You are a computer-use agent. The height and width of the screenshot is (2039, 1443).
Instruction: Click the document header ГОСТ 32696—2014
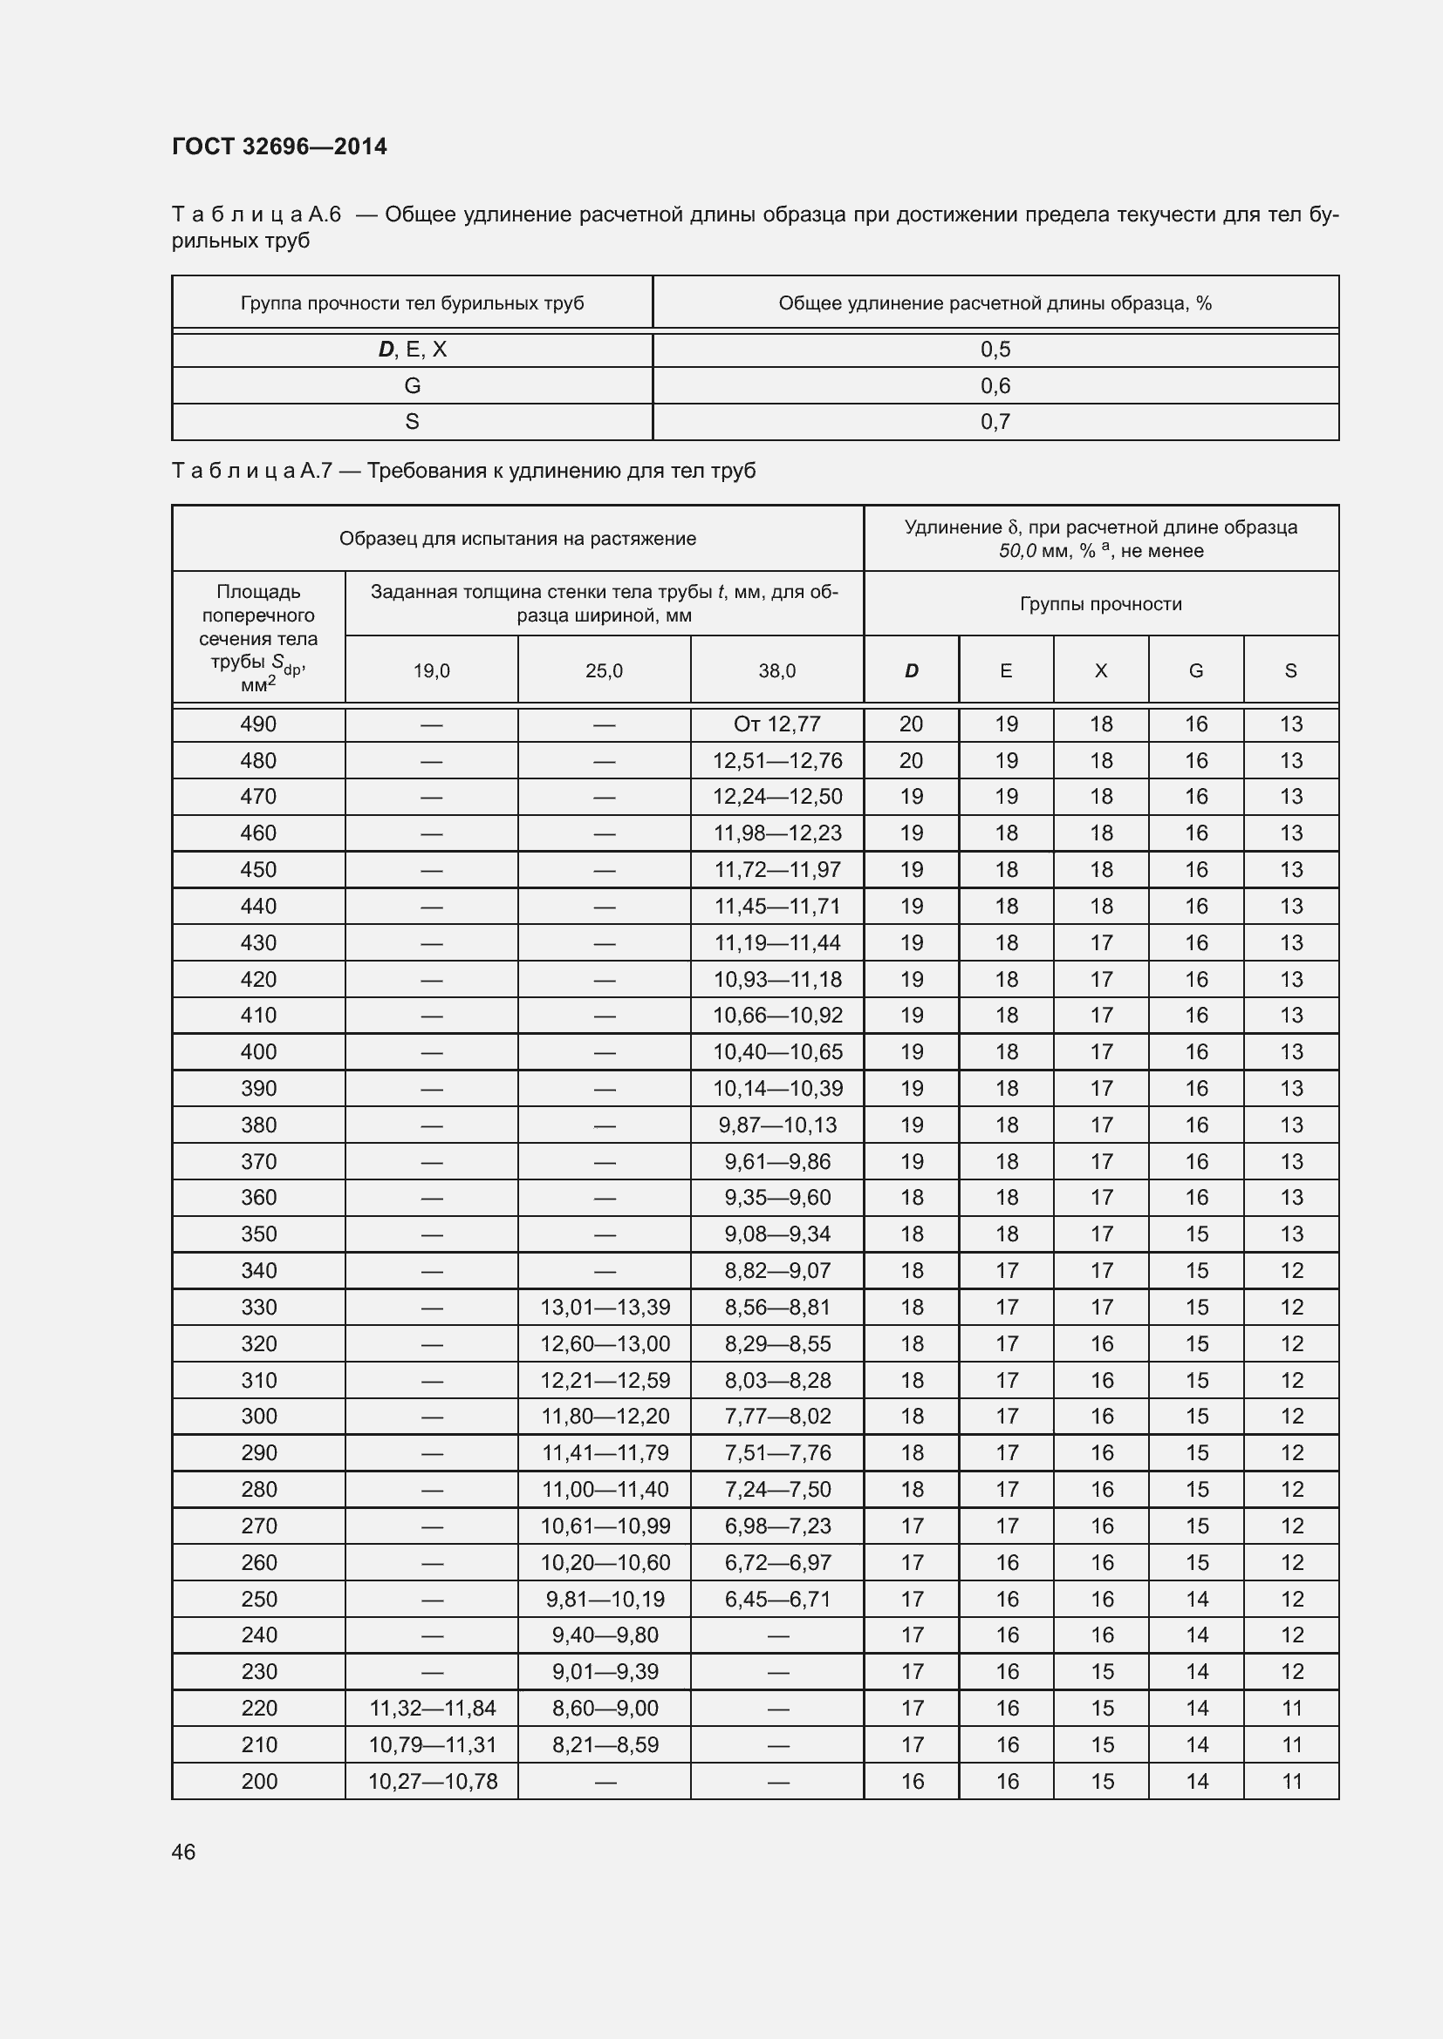coord(279,146)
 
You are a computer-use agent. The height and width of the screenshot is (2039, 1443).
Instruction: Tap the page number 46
coord(183,1852)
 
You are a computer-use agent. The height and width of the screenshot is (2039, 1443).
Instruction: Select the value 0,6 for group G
coord(995,385)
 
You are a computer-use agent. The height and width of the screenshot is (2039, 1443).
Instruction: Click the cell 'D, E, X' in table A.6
coord(413,349)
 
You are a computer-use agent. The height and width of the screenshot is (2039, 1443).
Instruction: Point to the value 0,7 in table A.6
coord(995,422)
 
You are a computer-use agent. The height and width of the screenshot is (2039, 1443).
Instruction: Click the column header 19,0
coord(431,671)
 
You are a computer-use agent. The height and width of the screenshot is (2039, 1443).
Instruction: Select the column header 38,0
coord(776,671)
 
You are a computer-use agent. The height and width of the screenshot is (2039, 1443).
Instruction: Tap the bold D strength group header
coord(911,671)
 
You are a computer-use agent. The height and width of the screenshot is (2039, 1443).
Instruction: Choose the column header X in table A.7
coord(1101,671)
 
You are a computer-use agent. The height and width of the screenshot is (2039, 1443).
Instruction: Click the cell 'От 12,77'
coord(776,724)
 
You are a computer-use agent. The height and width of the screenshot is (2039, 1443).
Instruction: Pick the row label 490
coord(258,724)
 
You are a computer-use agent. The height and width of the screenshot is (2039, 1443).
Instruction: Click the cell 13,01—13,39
coord(605,1308)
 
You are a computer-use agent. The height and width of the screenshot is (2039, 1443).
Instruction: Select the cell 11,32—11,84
coord(432,1708)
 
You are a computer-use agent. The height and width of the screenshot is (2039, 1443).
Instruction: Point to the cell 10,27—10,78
coord(432,1781)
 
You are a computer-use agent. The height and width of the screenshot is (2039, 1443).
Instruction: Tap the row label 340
coord(258,1271)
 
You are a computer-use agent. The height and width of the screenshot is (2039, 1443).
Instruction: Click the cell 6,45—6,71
coord(776,1599)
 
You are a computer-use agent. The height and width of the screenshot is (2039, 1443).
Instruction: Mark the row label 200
coord(258,1781)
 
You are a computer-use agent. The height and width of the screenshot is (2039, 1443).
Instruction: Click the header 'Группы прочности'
coord(1101,604)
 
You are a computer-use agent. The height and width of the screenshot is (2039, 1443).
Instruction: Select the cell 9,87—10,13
coord(776,1125)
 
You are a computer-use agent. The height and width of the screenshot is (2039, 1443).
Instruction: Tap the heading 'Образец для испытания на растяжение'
coord(517,538)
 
